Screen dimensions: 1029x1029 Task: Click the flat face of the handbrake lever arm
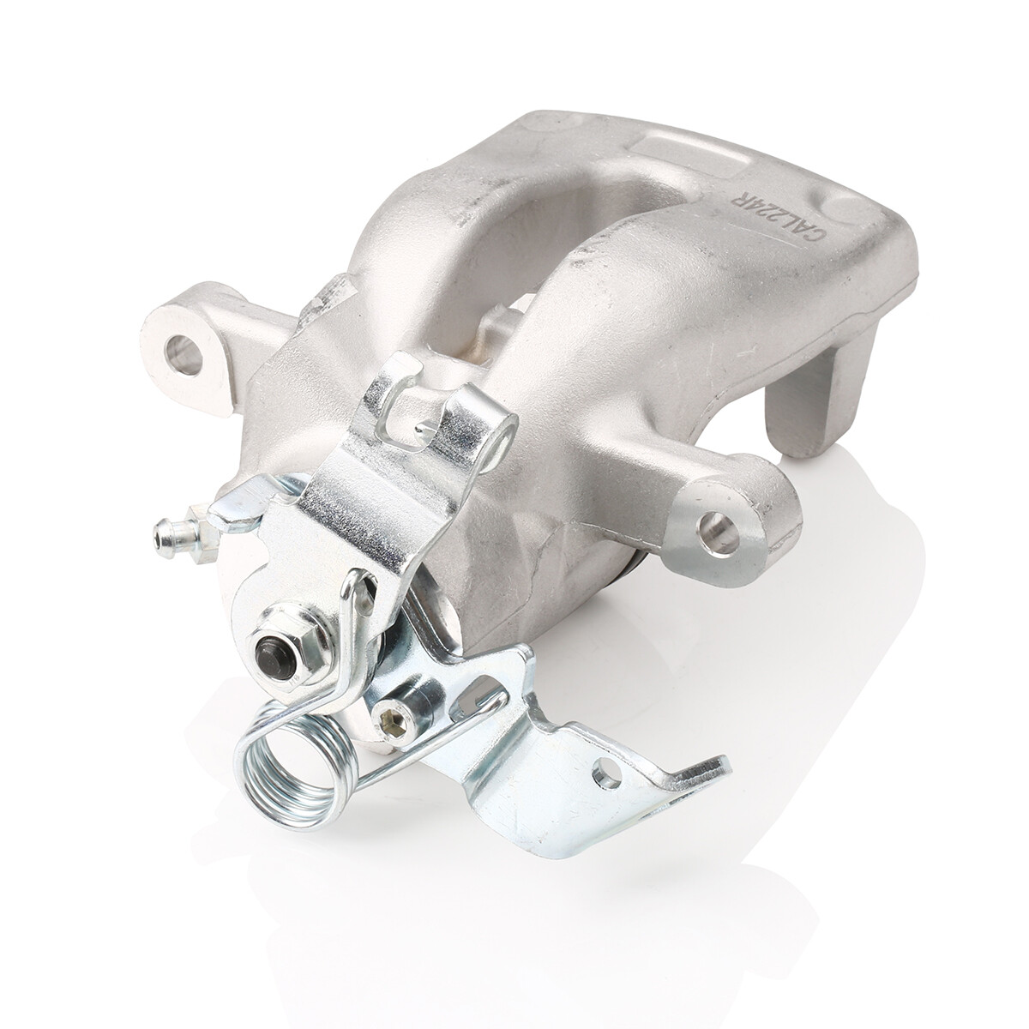click(x=343, y=506)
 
